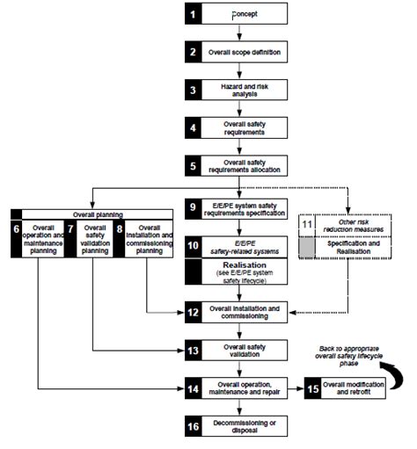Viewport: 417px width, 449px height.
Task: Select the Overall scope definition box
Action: click(245, 53)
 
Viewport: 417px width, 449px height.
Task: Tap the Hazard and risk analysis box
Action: click(245, 91)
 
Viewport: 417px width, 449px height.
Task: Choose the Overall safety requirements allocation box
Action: click(245, 165)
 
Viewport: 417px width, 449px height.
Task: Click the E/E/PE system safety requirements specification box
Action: click(245, 210)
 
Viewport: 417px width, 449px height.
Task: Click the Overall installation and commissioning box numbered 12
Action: click(245, 313)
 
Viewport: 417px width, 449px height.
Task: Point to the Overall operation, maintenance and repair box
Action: click(245, 387)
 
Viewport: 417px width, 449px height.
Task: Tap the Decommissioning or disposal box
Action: click(245, 425)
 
